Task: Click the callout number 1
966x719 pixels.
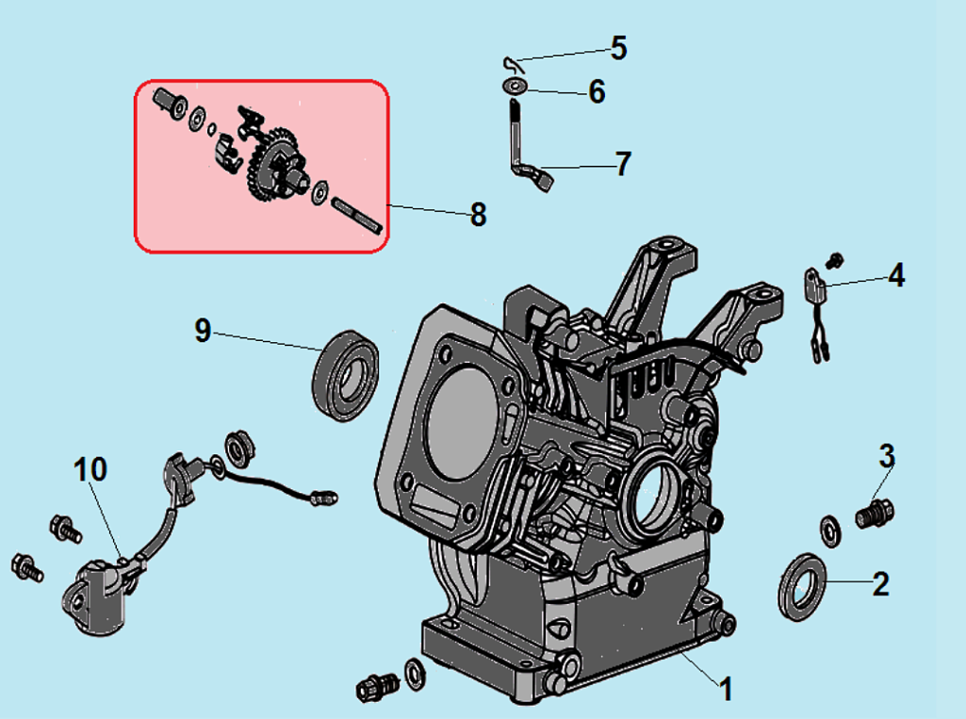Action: click(726, 690)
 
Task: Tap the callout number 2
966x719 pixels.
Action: click(880, 583)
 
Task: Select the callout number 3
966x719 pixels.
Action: click(887, 456)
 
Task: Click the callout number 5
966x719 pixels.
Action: click(618, 47)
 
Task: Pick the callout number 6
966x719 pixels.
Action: click(597, 92)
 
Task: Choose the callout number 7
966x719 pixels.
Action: click(622, 164)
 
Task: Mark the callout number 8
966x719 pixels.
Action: click(478, 215)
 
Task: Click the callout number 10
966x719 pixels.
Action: click(91, 468)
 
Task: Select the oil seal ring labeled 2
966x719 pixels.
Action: click(802, 588)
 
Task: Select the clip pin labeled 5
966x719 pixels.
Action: click(511, 64)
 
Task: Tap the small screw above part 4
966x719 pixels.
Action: click(832, 257)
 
